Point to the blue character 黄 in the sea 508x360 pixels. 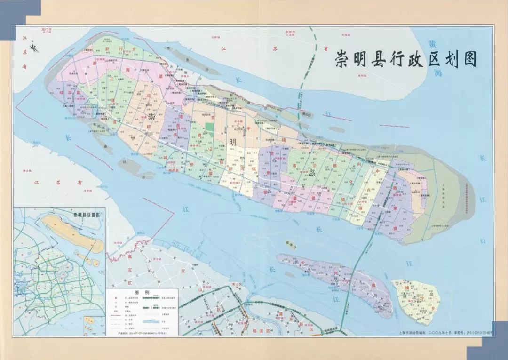click(x=432, y=45)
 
